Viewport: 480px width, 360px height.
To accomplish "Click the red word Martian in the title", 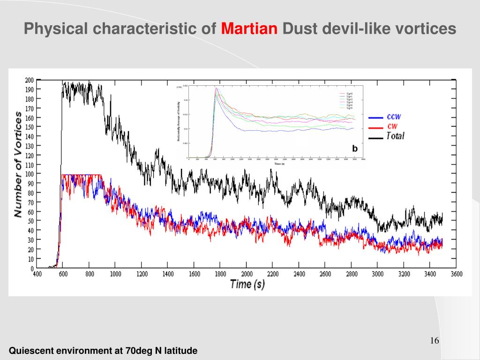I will pyautogui.click(x=249, y=29).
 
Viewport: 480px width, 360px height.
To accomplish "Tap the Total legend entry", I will pyautogui.click(x=395, y=136).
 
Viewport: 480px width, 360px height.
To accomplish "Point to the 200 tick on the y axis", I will pyautogui.click(x=29, y=80).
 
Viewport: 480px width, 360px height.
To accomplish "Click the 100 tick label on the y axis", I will pyautogui.click(x=29, y=174).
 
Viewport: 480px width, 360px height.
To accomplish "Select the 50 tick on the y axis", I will pyautogui.click(x=30, y=221).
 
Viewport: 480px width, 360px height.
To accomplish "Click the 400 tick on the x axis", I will pyautogui.click(x=37, y=274).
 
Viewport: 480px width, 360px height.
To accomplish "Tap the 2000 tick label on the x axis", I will pyautogui.click(x=247, y=274).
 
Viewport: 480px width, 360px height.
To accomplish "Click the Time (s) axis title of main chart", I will pyautogui.click(x=247, y=285).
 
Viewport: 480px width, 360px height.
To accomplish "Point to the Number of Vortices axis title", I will pyautogui.click(x=18, y=164).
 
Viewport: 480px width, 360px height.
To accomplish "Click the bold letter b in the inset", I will pyautogui.click(x=355, y=149).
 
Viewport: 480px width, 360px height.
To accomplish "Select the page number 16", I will pyautogui.click(x=434, y=341).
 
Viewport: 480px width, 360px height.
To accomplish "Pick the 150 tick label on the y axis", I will pyautogui.click(x=29, y=127).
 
